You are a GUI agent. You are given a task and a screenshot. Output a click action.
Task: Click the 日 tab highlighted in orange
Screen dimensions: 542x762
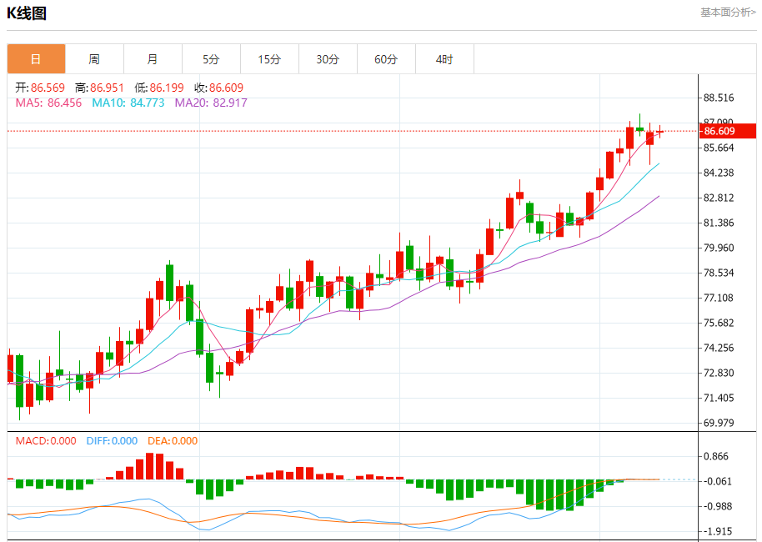pos(36,59)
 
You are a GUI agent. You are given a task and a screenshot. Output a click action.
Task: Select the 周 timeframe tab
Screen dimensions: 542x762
pos(94,59)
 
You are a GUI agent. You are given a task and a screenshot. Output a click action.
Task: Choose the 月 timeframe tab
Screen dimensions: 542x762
pos(153,59)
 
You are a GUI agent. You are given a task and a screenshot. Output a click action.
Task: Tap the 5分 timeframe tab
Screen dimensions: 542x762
pos(211,59)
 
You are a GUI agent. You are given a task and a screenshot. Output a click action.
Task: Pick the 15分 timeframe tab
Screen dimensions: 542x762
pos(269,59)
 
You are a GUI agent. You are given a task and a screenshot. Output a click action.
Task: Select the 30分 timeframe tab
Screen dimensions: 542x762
pos(328,59)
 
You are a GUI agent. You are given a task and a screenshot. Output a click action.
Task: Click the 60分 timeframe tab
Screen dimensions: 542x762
pos(386,59)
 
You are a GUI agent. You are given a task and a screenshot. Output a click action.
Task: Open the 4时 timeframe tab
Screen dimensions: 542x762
pos(444,59)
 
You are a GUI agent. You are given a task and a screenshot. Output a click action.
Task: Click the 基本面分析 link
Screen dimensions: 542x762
pos(728,13)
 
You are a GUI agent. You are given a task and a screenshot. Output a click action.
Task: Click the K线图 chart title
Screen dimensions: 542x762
pos(27,13)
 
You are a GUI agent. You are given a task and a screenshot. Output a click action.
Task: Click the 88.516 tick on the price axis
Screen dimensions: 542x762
pos(719,98)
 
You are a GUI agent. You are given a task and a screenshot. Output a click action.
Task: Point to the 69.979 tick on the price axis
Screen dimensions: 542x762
pos(719,423)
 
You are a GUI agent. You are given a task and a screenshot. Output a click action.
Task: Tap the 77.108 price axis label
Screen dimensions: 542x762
pos(719,298)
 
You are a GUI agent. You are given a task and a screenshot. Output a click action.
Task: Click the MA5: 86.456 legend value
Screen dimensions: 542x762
pos(48,103)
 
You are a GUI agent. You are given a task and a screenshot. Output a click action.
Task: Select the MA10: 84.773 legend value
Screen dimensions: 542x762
pos(128,103)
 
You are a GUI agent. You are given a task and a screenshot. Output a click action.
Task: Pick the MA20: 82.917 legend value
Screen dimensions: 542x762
pos(211,103)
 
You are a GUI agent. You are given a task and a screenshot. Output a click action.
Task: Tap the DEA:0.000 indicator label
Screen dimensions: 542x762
pos(173,441)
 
